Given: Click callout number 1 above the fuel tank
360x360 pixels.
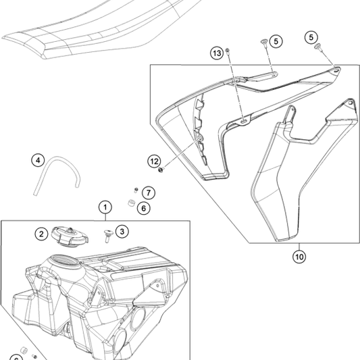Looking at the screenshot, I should (x=105, y=206).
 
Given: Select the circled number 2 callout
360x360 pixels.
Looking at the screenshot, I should (x=41, y=234).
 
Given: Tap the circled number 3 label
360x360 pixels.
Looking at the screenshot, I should (x=122, y=232).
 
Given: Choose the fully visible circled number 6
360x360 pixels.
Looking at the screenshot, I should (x=143, y=208).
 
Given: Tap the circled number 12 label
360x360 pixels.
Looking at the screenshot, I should (x=155, y=161).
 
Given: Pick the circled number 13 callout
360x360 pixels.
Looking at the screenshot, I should (x=216, y=53).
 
